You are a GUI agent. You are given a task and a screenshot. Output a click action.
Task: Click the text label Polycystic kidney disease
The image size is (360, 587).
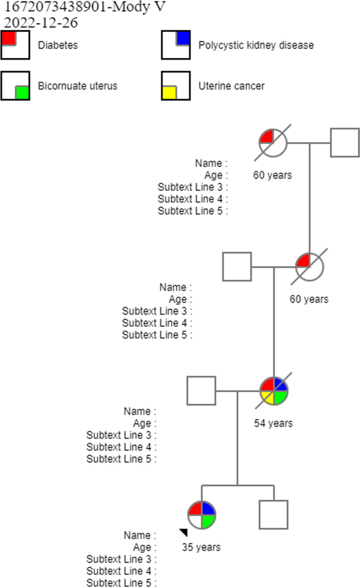[x=256, y=45]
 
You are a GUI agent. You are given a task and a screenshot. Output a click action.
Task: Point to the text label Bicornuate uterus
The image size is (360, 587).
[x=78, y=86]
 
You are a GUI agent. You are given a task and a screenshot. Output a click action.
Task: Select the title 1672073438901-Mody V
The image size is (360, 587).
[x=85, y=8]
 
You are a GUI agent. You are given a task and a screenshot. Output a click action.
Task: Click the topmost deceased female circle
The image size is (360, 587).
[x=273, y=142]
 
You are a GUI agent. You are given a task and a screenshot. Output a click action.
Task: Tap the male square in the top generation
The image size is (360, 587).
[x=344, y=142]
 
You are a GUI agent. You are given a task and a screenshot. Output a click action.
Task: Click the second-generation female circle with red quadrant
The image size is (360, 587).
[x=309, y=267]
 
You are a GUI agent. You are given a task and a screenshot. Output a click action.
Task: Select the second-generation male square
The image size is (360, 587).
[x=237, y=267]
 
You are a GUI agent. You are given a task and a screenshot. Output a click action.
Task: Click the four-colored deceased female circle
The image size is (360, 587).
[x=274, y=391]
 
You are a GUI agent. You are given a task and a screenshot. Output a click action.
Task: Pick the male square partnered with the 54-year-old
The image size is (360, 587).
[x=201, y=391]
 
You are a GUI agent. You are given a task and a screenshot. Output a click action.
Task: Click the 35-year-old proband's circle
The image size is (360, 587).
[x=202, y=515]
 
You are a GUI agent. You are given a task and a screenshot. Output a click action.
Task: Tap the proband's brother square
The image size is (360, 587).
[x=274, y=515]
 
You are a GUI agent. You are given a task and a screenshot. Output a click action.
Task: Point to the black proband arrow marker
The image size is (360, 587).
[x=183, y=533]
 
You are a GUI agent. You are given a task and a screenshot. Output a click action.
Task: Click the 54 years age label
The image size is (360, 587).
[x=273, y=423]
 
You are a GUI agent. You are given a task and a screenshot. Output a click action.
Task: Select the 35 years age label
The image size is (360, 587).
[x=201, y=547]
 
